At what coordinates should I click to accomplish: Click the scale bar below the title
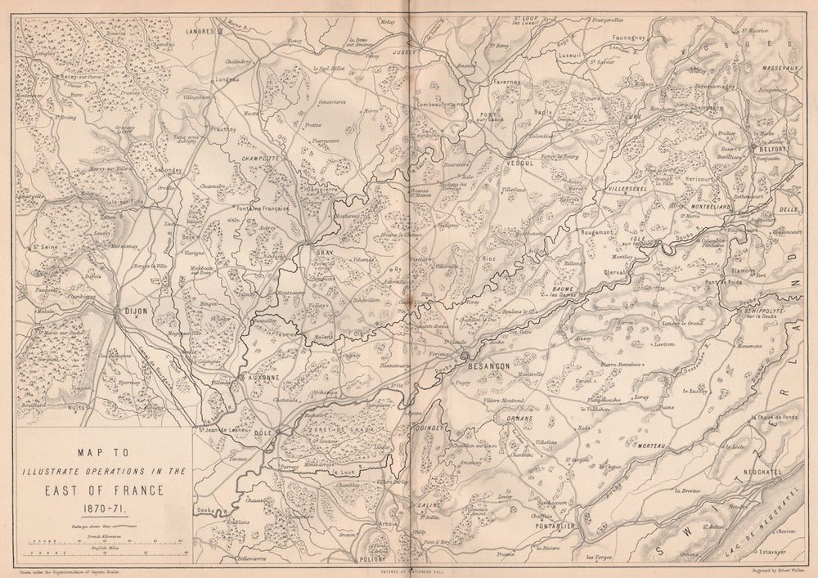pyautogui.click(x=106, y=541)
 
